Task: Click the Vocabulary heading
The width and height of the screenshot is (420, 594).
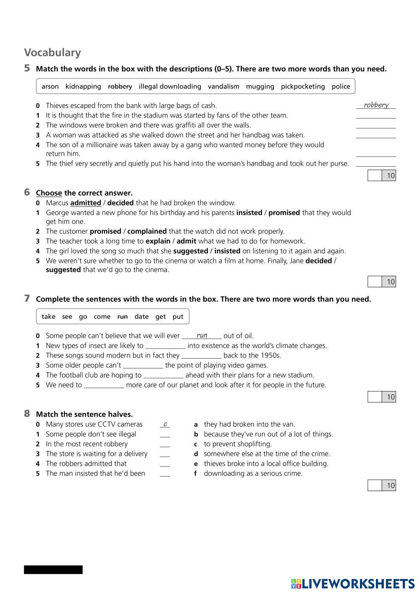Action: pyautogui.click(x=52, y=53)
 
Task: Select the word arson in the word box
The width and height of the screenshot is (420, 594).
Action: pyautogui.click(x=50, y=87)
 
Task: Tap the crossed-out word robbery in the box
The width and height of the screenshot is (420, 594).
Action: pyautogui.click(x=120, y=87)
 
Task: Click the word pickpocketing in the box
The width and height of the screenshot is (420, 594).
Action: pyautogui.click(x=303, y=87)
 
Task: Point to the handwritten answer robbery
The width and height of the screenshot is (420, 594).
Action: pyautogui.click(x=376, y=105)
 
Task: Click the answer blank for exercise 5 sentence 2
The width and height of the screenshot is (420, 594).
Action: pyautogui.click(x=376, y=125)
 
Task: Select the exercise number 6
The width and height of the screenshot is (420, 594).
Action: pyautogui.click(x=27, y=192)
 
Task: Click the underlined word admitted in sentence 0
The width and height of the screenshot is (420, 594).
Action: pyautogui.click(x=86, y=203)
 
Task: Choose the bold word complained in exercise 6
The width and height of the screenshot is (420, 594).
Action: pyautogui.click(x=147, y=231)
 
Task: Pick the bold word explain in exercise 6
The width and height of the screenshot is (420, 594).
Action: pyautogui.click(x=158, y=241)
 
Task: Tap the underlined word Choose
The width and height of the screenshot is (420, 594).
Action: pyautogui.click(x=49, y=193)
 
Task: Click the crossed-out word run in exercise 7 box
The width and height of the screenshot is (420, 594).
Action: pyautogui.click(x=122, y=317)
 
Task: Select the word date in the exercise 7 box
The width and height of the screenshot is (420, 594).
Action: pyautogui.click(x=142, y=317)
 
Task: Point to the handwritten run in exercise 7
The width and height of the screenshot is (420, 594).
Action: pyautogui.click(x=202, y=335)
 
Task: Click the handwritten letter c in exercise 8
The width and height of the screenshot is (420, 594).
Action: pyautogui.click(x=165, y=424)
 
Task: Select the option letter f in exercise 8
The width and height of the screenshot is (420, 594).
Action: pyautogui.click(x=196, y=474)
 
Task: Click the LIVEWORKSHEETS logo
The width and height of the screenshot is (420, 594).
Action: pyautogui.click(x=353, y=583)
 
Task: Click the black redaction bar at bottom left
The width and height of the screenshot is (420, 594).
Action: pyautogui.click(x=53, y=570)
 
